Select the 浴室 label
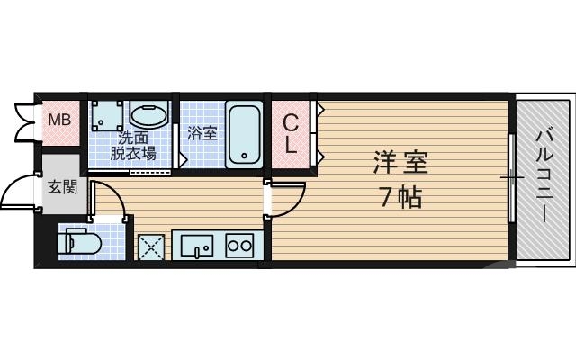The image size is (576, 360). (x=202, y=134)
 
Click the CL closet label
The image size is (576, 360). (x=292, y=133)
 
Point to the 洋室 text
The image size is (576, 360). (x=400, y=163)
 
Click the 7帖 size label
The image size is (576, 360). (x=400, y=196)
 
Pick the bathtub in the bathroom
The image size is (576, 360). (x=244, y=133)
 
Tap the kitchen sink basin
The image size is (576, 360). (x=196, y=246)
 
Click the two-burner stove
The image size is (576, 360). (x=239, y=246)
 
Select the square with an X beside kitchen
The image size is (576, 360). (x=148, y=246)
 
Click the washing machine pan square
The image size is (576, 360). (x=109, y=115)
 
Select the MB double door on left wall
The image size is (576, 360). (x=24, y=121)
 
